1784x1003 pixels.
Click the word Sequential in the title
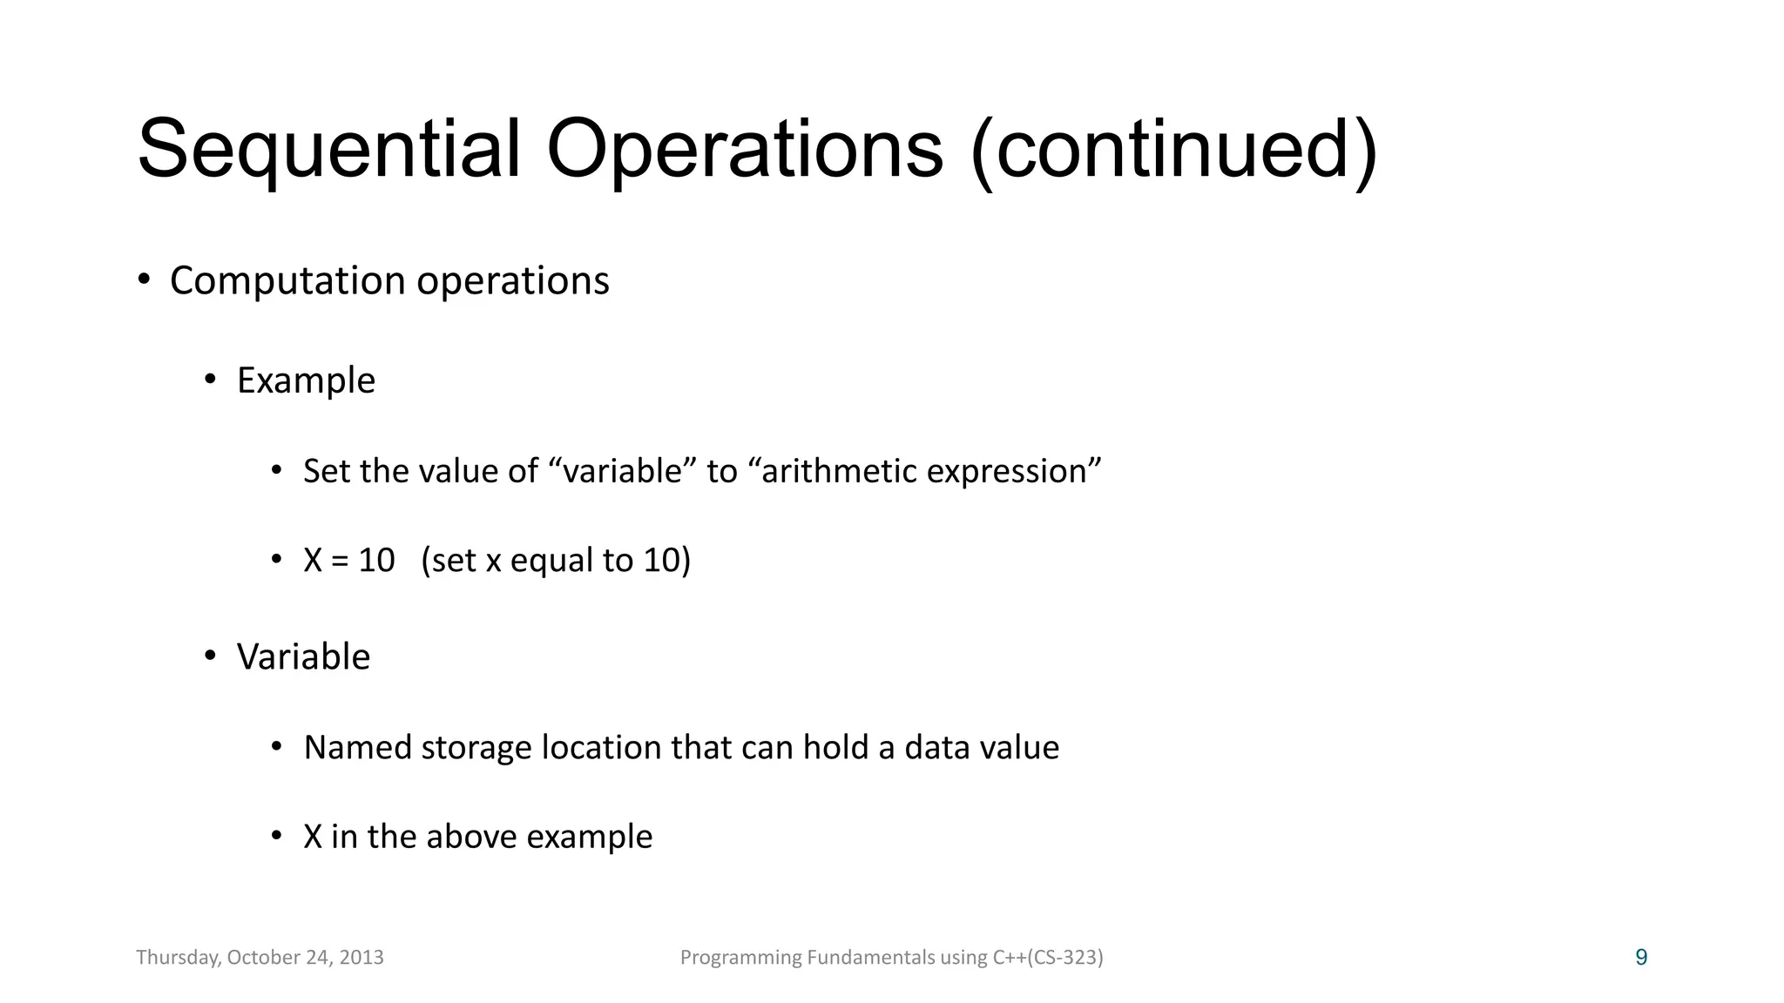point(328,150)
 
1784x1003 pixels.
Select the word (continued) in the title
point(1173,150)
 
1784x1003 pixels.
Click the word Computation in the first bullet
point(287,281)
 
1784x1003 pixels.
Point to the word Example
point(306,381)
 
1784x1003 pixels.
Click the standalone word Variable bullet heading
point(303,656)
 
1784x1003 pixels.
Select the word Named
point(357,748)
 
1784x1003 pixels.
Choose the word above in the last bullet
point(471,837)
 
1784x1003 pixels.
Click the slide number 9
point(1641,958)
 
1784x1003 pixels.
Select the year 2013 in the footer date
point(362,958)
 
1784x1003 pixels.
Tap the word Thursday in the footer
point(178,958)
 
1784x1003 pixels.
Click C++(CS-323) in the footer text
point(1048,958)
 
